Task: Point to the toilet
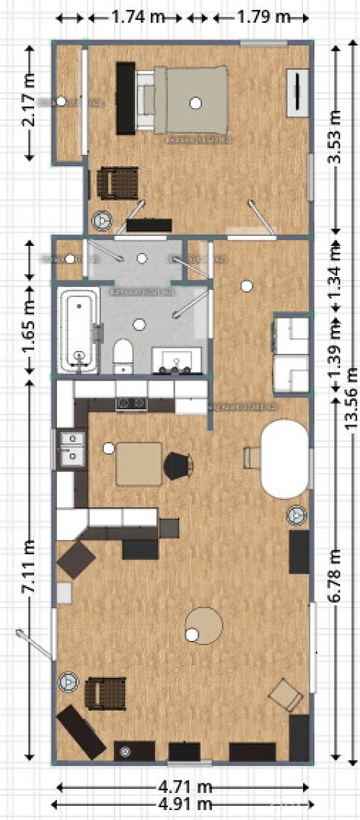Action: [x=123, y=355]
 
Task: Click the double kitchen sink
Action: [x=72, y=447]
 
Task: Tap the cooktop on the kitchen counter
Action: [x=131, y=403]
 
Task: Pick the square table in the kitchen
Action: [x=138, y=463]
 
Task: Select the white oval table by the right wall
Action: [x=284, y=459]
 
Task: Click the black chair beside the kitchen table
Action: [x=178, y=465]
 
